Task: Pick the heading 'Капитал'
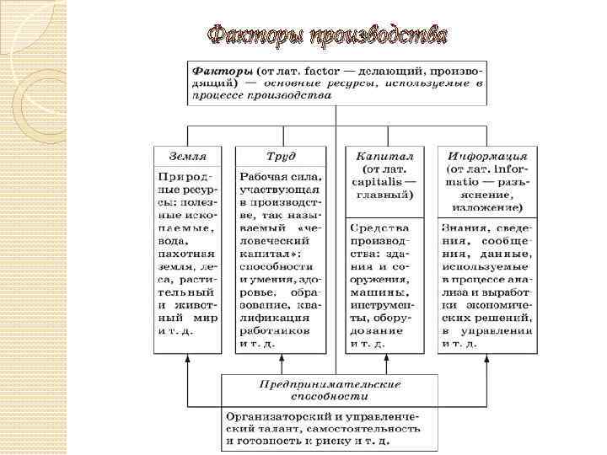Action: [x=384, y=156]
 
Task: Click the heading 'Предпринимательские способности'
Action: [x=330, y=389]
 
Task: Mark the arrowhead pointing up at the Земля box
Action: [x=186, y=358]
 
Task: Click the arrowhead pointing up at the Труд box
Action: [x=282, y=358]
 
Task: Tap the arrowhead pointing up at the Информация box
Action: [x=486, y=358]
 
